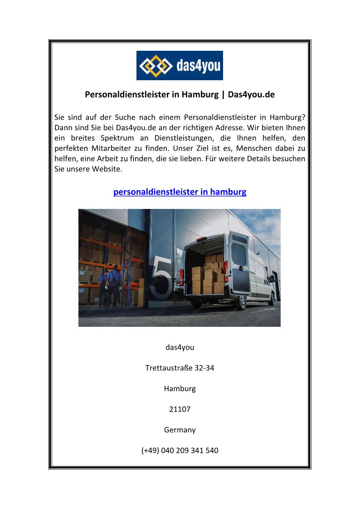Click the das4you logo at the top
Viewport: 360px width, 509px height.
coord(180,65)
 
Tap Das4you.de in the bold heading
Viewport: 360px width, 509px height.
coord(251,95)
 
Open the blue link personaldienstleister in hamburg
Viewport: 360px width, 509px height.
coord(180,192)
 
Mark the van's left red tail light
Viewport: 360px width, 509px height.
coord(181,275)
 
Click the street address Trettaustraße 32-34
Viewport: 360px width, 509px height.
coord(180,368)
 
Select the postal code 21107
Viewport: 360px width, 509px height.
coord(180,409)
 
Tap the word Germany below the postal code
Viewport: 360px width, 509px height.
coord(180,430)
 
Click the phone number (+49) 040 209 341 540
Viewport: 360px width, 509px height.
coord(180,451)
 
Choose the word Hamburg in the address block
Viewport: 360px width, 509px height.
coord(180,388)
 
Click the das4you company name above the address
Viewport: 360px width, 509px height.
coord(180,347)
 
